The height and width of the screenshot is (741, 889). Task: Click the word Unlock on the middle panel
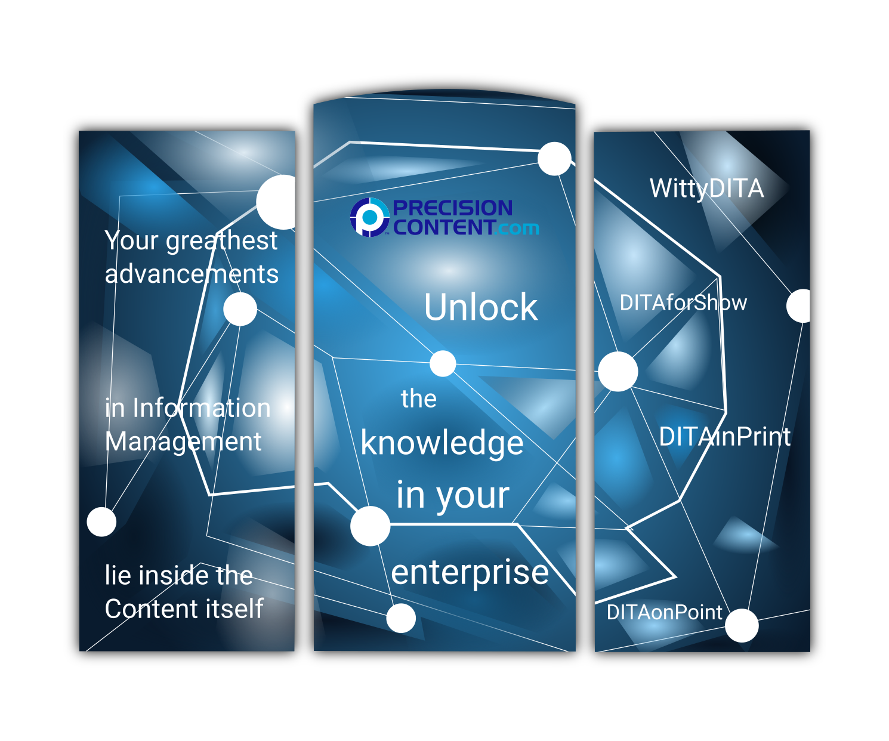pyautogui.click(x=481, y=307)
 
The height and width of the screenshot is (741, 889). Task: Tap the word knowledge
pyautogui.click(x=442, y=443)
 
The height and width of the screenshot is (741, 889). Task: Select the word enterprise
pyautogui.click(x=470, y=573)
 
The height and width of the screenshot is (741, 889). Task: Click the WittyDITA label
pyautogui.click(x=706, y=189)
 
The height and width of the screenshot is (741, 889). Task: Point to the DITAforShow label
pyautogui.click(x=683, y=303)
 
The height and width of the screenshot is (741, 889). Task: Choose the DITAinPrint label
pyautogui.click(x=725, y=437)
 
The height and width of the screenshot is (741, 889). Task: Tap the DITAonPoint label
pyautogui.click(x=664, y=612)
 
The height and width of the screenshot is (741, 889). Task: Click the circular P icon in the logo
pyautogui.click(x=369, y=217)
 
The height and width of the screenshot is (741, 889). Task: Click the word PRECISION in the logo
pyautogui.click(x=452, y=208)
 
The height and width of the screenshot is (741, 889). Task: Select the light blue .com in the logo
pyautogui.click(x=518, y=228)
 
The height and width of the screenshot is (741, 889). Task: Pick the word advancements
pyautogui.click(x=192, y=274)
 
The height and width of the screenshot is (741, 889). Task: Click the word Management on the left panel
pyautogui.click(x=183, y=441)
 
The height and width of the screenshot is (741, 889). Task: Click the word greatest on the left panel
pyautogui.click(x=221, y=240)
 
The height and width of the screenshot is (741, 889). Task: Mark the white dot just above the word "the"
pyautogui.click(x=443, y=363)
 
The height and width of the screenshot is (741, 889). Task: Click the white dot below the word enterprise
pyautogui.click(x=401, y=618)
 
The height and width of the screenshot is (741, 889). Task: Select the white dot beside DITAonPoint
pyautogui.click(x=742, y=625)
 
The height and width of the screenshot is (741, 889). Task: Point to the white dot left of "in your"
pyautogui.click(x=370, y=526)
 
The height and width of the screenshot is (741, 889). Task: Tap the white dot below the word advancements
pyautogui.click(x=240, y=309)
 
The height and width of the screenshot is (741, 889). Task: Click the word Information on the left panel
pyautogui.click(x=202, y=408)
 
